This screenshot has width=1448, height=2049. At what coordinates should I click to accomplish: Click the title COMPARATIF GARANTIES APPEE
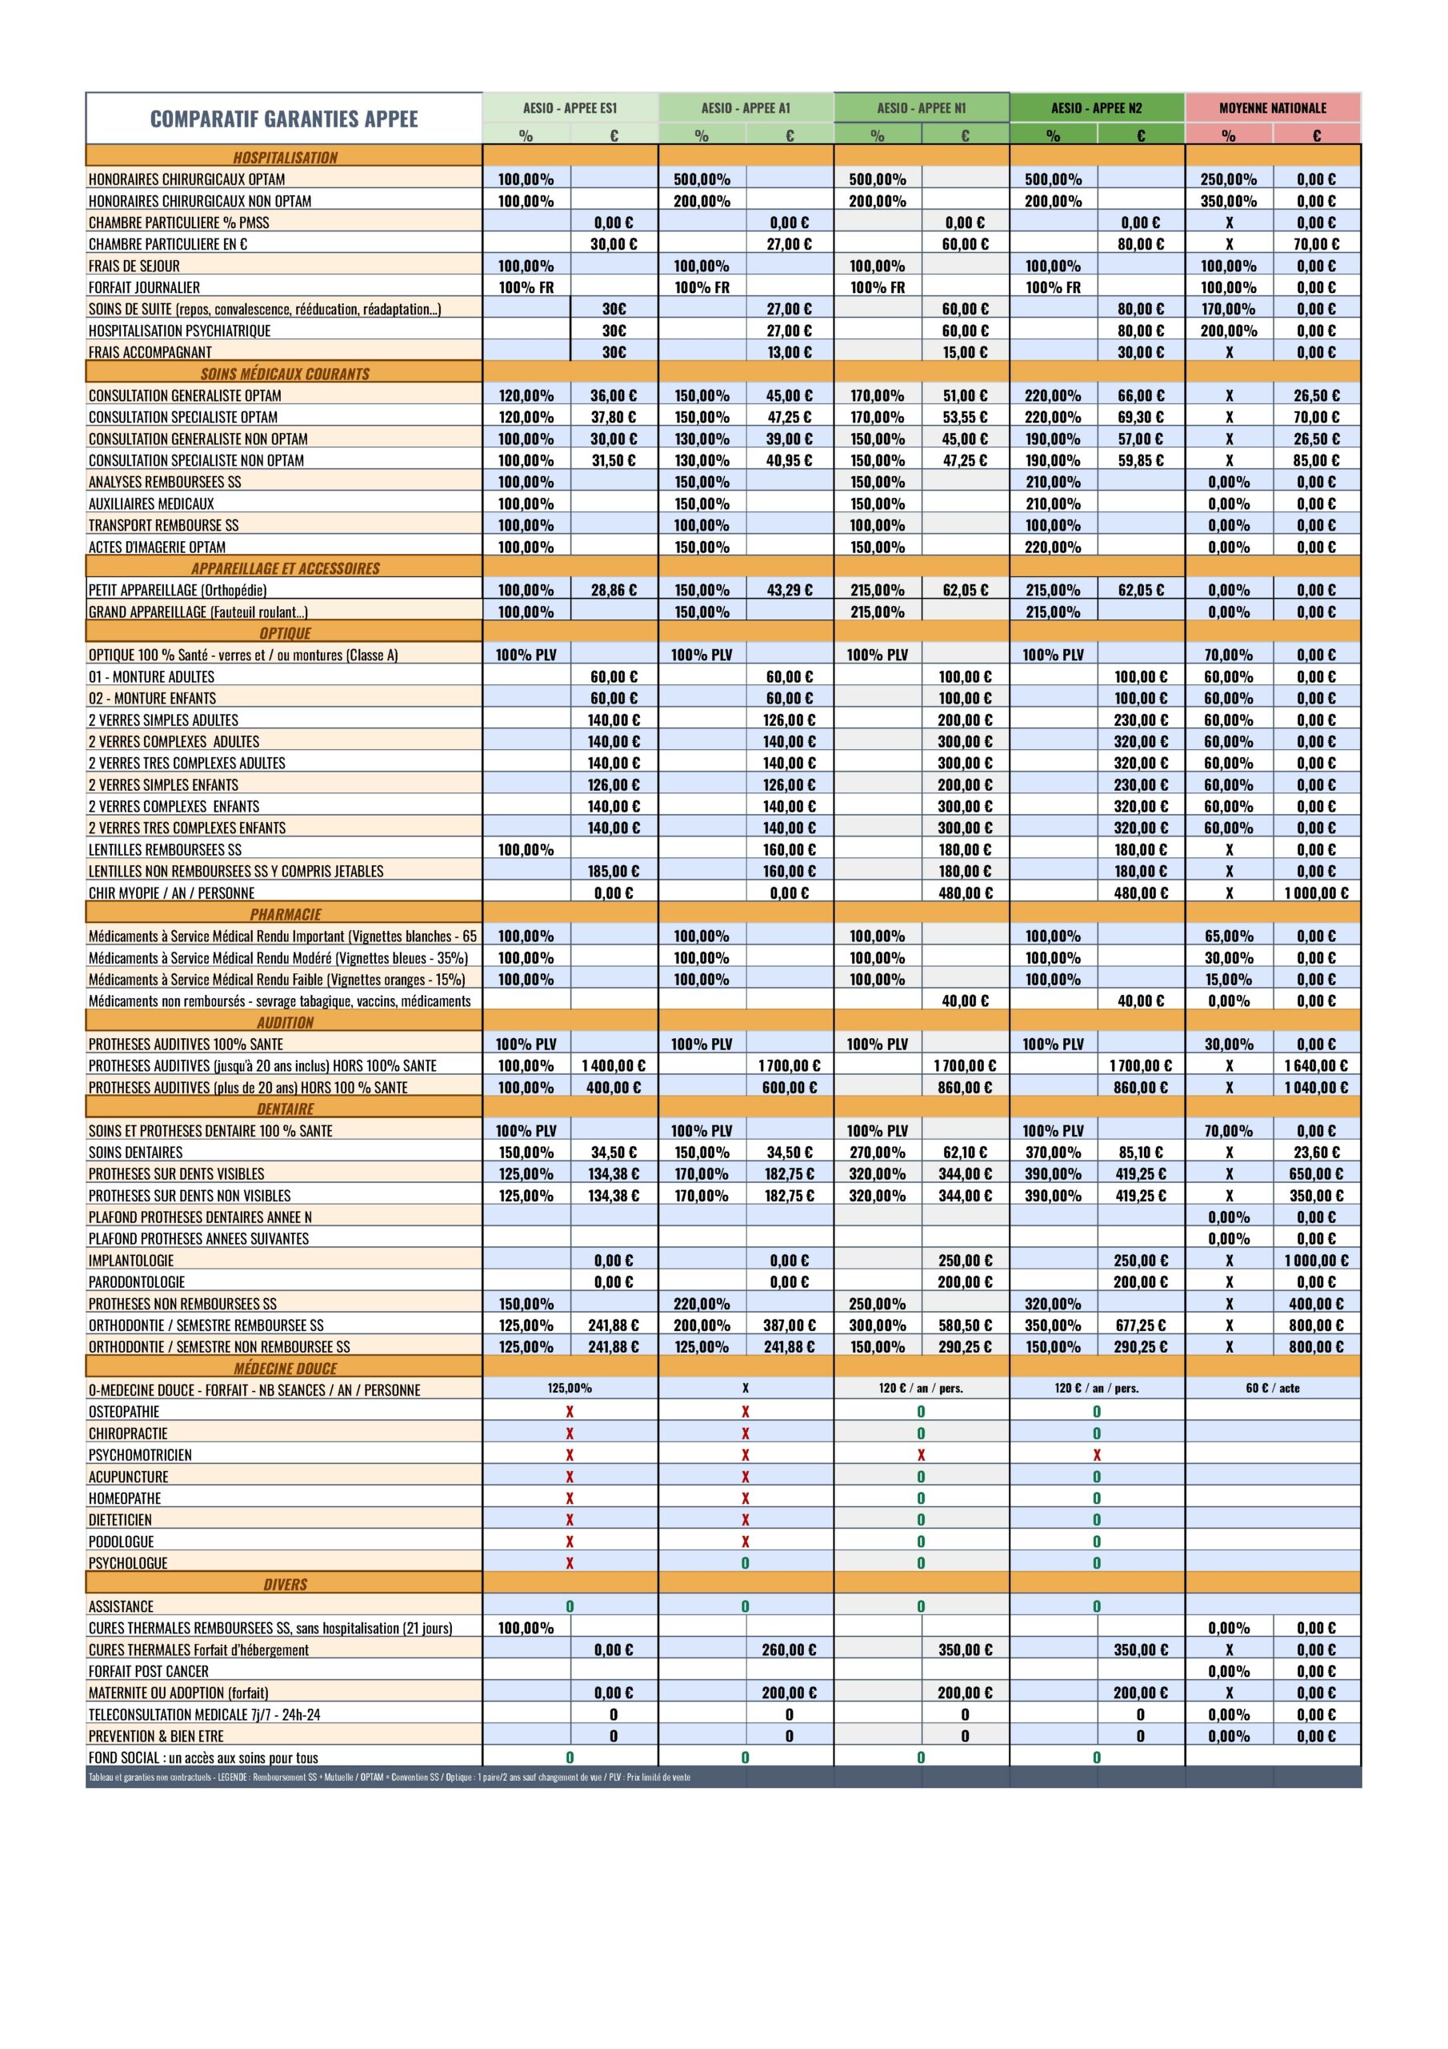click(284, 118)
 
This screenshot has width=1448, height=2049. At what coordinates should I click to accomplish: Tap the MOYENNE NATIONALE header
click(1272, 108)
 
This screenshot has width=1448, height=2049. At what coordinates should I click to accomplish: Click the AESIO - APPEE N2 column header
click(1097, 108)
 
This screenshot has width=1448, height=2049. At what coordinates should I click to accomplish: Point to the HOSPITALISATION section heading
click(285, 158)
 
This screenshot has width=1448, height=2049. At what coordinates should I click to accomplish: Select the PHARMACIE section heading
click(285, 915)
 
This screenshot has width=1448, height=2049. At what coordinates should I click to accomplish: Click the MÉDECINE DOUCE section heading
click(285, 1368)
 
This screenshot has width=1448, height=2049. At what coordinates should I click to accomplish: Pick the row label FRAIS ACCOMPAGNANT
click(150, 352)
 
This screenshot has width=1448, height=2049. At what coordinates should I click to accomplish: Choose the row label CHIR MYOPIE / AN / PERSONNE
click(171, 893)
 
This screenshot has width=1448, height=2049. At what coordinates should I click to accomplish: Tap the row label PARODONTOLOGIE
click(137, 1282)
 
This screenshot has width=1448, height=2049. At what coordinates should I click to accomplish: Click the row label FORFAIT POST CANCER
click(148, 1671)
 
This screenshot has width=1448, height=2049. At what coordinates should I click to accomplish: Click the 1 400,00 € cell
click(613, 1065)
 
